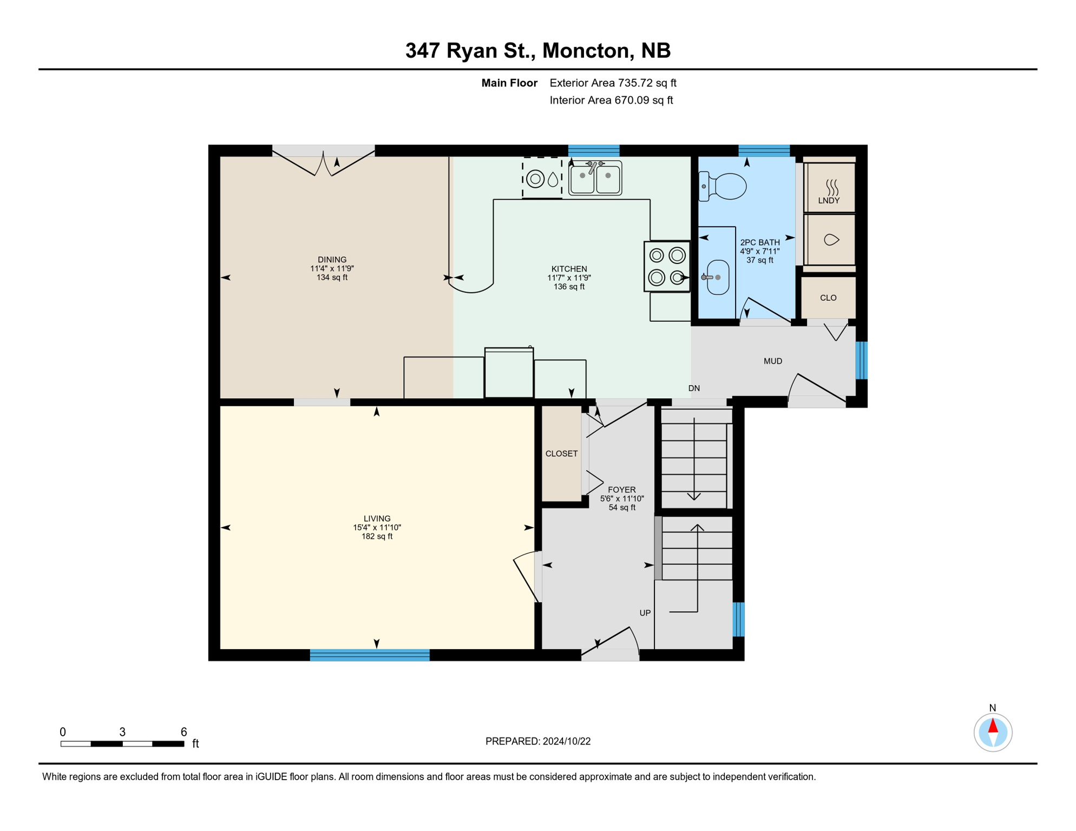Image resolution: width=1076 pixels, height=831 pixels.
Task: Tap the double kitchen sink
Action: [595, 177]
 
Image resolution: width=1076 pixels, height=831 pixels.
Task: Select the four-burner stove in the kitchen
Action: [667, 267]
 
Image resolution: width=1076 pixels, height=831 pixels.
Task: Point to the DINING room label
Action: [332, 260]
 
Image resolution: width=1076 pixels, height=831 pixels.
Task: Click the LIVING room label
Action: [377, 518]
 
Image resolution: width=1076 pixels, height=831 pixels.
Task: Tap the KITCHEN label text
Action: [569, 269]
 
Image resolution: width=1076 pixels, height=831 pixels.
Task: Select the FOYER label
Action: [621, 490]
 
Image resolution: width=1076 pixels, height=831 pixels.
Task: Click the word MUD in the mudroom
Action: [772, 361]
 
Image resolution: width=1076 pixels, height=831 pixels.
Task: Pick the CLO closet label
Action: [828, 298]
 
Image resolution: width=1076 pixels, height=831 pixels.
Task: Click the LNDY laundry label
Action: [829, 201]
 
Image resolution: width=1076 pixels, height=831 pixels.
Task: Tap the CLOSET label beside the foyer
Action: [561, 453]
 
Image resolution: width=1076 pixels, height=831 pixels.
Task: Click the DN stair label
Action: [694, 388]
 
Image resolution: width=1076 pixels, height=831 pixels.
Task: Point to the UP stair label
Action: [645, 613]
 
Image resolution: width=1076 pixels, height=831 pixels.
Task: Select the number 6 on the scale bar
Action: [183, 732]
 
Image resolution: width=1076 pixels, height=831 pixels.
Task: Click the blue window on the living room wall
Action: [370, 655]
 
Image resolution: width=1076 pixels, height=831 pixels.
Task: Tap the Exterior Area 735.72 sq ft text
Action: [613, 83]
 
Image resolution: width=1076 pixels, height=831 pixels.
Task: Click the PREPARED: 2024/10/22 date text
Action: [538, 741]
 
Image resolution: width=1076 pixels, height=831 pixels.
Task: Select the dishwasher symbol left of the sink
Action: [542, 178]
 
